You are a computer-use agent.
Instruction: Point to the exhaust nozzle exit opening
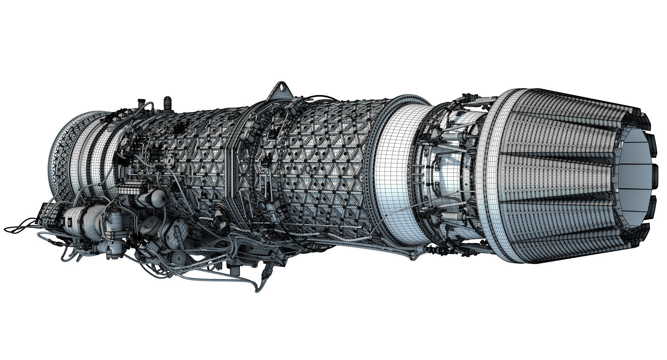click(634, 170)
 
